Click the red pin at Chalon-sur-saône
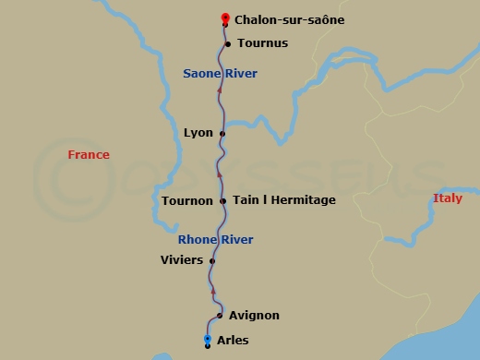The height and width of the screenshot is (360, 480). [224, 18]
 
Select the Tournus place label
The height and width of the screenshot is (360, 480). [263, 43]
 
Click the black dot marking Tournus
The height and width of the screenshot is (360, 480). [228, 43]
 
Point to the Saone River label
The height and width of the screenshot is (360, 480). [220, 73]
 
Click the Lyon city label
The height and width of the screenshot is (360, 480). [198, 133]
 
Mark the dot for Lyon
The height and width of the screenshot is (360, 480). [222, 134]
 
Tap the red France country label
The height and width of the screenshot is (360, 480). [89, 155]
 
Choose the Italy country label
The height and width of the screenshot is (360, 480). [448, 198]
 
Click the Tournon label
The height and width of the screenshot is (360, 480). [187, 201]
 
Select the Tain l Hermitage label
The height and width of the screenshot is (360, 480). [284, 200]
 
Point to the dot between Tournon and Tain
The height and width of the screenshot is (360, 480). [223, 201]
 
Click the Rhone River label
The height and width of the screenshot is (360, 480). [216, 240]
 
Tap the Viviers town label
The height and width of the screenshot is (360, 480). [182, 260]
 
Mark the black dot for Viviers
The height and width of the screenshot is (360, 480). [212, 261]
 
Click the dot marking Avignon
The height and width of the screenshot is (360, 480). [220, 316]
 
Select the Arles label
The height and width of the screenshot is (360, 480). [232, 340]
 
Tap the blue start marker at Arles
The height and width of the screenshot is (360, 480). [208, 340]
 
